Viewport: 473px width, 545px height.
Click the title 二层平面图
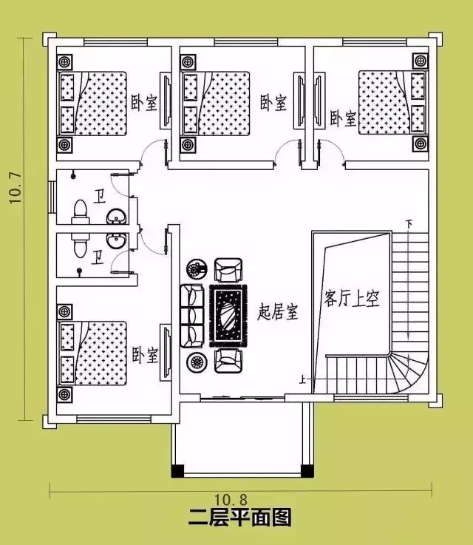(239, 517)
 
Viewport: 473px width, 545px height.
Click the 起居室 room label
(278, 313)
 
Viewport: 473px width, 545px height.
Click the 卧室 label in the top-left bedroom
(144, 103)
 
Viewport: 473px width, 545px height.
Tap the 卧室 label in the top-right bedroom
(342, 118)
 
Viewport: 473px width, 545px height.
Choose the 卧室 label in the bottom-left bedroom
(145, 355)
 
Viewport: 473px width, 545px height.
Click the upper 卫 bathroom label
(99, 197)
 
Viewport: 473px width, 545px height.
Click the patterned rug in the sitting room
(228, 316)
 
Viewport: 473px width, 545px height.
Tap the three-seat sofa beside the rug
(192, 315)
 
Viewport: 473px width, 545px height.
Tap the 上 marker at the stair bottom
(302, 380)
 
